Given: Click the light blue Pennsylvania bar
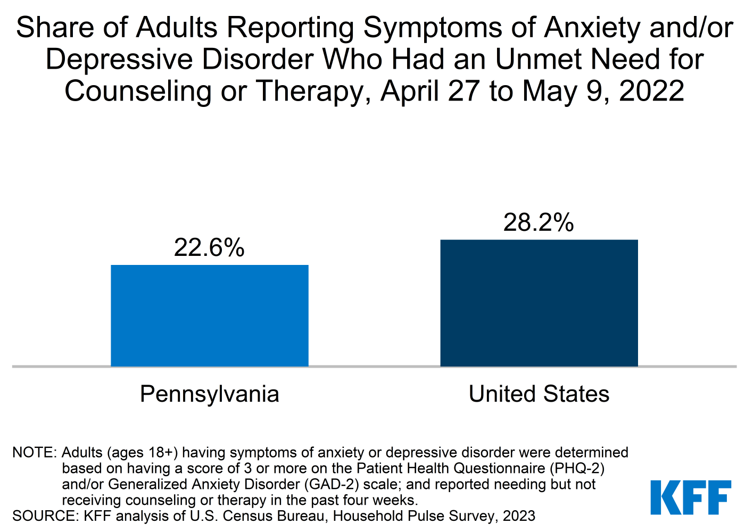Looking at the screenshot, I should (x=209, y=315).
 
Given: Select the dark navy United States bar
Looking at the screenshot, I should (x=539, y=303).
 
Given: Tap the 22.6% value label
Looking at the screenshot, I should (x=209, y=247).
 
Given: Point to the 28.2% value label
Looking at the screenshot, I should (x=539, y=222).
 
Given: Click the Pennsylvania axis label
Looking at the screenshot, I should (x=209, y=394).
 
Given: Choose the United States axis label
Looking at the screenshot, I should (x=539, y=394).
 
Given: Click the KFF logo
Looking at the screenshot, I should (x=691, y=497).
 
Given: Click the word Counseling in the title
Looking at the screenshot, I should (x=138, y=91).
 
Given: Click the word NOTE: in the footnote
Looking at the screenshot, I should (x=34, y=453).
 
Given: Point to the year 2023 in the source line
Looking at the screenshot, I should (x=517, y=516).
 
